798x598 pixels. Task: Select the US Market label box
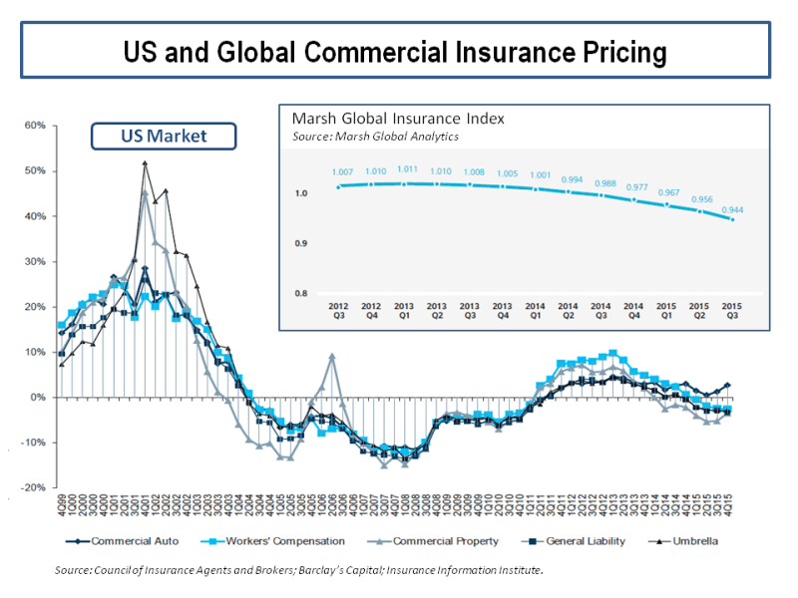pyautogui.click(x=164, y=136)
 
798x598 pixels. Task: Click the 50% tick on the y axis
pyautogui.click(x=36, y=170)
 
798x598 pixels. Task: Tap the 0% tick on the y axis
pyautogui.click(x=39, y=397)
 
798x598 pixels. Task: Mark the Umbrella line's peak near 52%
pyautogui.click(x=145, y=163)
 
